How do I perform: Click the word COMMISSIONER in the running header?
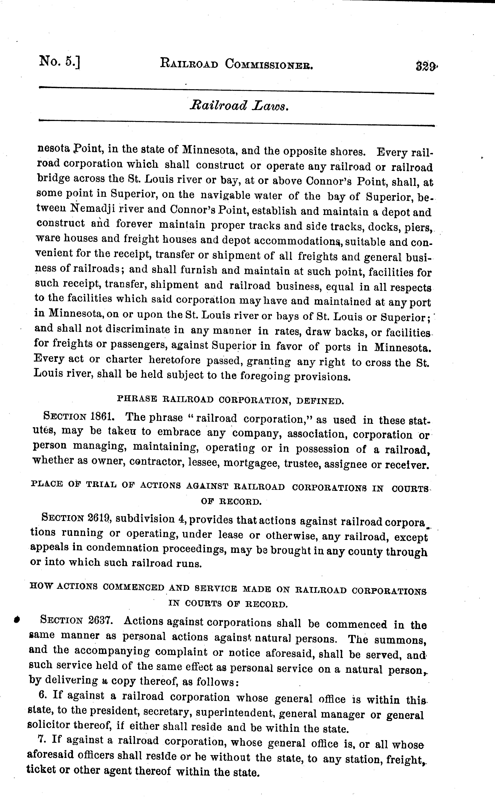pyautogui.click(x=269, y=64)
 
